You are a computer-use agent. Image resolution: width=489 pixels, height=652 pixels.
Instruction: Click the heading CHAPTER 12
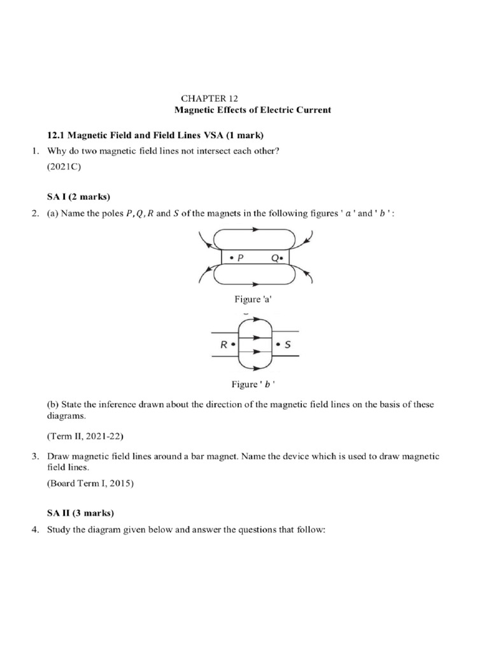click(209, 98)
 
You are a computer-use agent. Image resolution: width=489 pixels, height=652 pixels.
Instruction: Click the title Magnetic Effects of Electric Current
click(253, 110)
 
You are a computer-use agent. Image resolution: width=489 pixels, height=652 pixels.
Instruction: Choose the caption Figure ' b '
click(252, 383)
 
